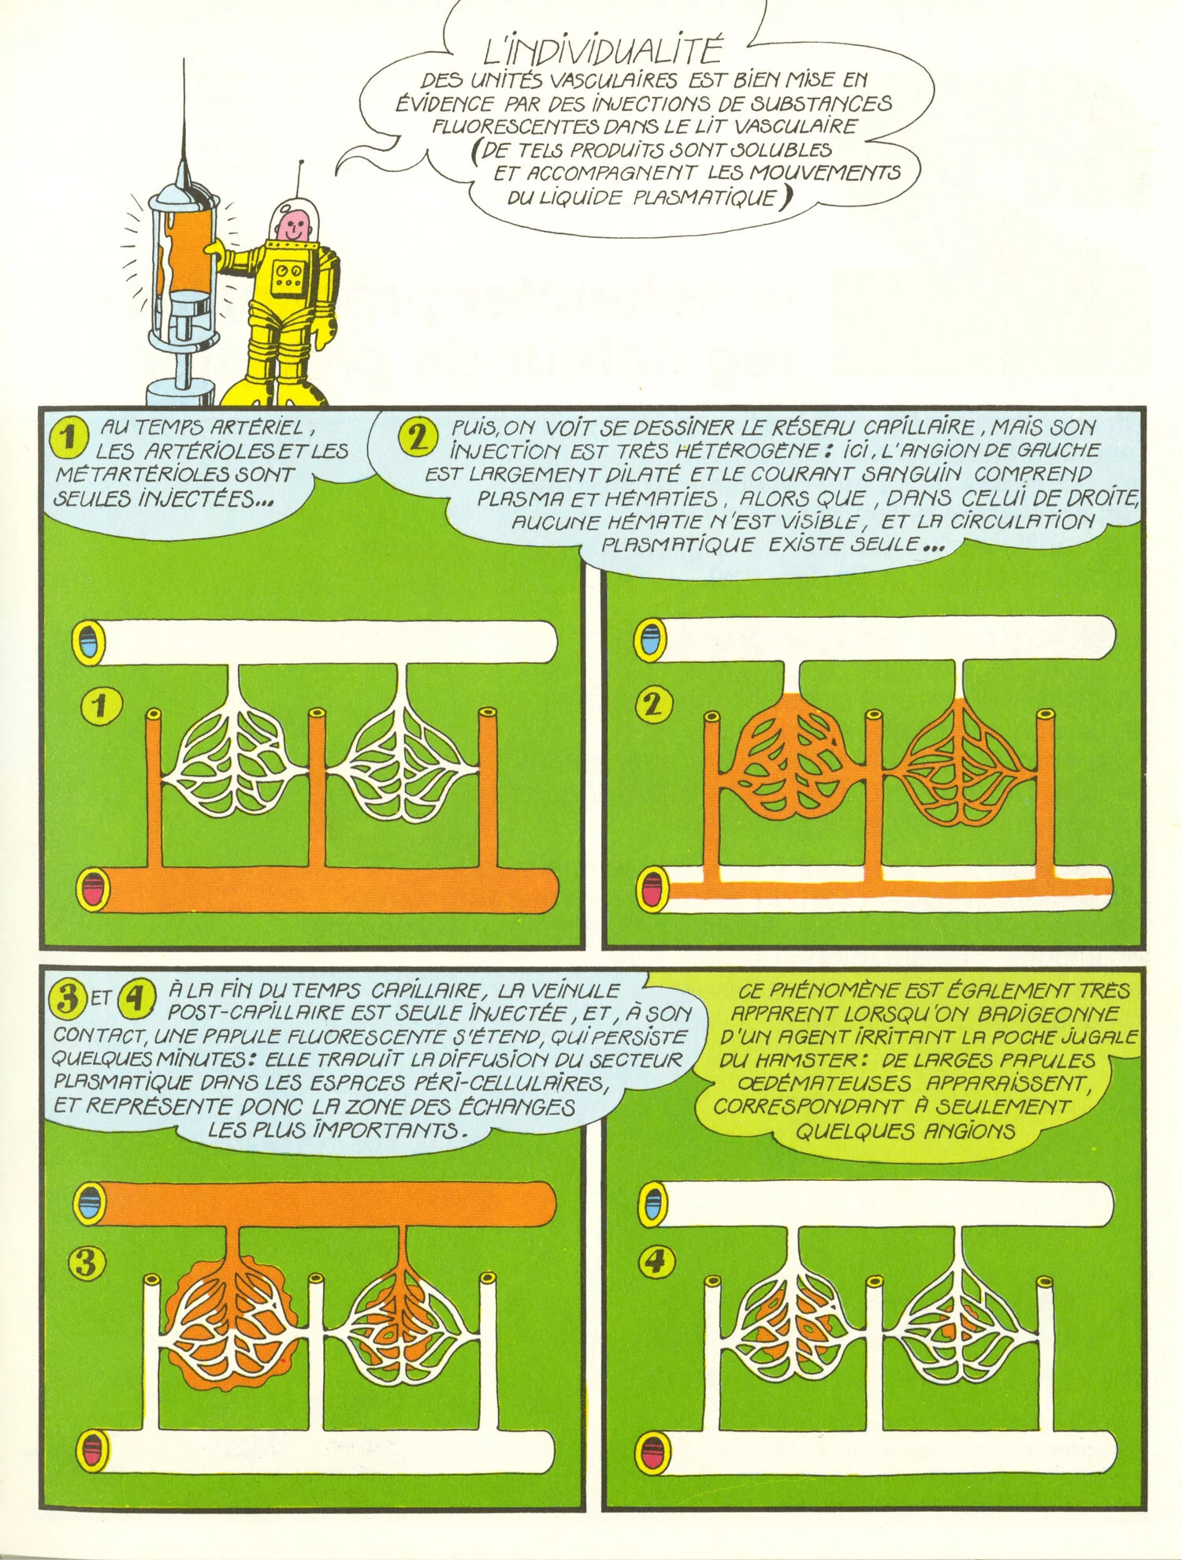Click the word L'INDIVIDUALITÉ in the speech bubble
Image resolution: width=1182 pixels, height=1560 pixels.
tap(602, 52)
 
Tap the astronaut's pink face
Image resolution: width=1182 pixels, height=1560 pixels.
tap(292, 227)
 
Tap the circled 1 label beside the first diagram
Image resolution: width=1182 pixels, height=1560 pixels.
tap(100, 706)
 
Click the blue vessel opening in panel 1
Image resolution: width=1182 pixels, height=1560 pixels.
tap(89, 638)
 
